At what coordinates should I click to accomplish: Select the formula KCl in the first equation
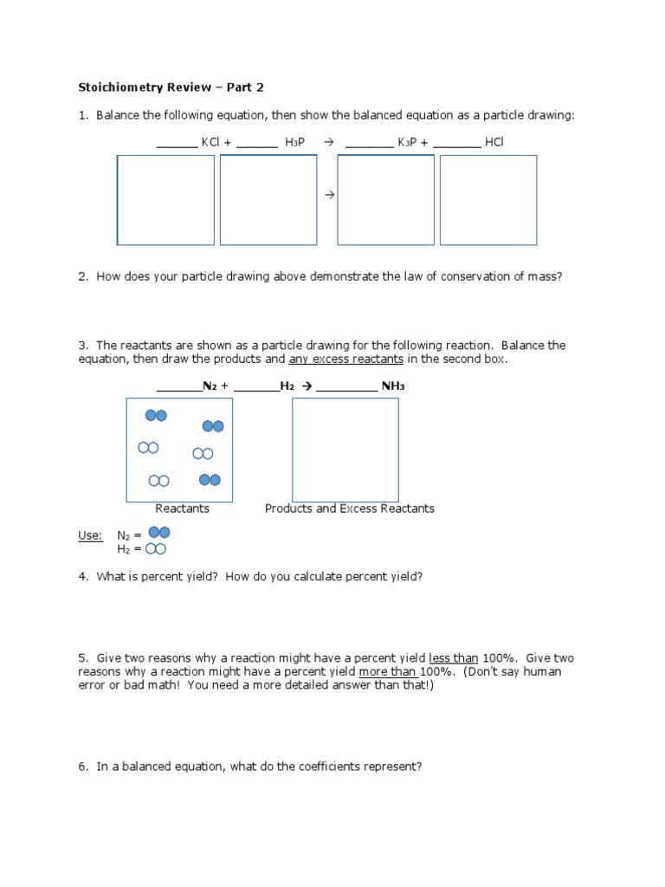tap(210, 142)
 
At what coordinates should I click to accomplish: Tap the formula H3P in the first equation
tap(294, 142)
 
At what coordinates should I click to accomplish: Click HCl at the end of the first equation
tap(494, 142)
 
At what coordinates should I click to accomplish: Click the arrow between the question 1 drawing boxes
tap(329, 196)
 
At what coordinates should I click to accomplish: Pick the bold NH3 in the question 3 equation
tap(393, 385)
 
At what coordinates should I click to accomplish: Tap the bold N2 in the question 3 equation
tap(210, 385)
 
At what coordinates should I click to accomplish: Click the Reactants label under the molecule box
tap(182, 508)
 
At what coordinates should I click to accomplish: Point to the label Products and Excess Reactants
tap(349, 508)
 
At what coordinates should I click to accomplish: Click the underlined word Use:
tap(90, 535)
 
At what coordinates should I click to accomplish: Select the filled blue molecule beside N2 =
tap(159, 533)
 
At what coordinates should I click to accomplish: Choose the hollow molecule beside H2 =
tap(156, 548)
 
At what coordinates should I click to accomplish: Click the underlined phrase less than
tap(454, 657)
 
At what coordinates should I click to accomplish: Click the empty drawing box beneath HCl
tap(488, 200)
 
